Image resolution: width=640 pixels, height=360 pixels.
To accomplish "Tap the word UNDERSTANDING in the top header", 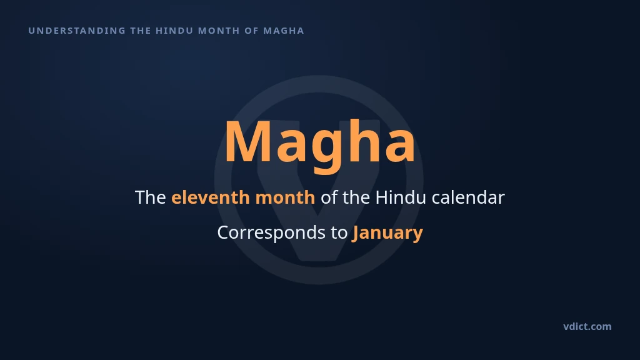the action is coord(77,31).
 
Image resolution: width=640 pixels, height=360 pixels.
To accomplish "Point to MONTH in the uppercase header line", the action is coord(219,31).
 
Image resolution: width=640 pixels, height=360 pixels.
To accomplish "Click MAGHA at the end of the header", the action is coord(284,31).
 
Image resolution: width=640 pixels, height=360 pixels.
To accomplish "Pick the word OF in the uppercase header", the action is coord(251,31).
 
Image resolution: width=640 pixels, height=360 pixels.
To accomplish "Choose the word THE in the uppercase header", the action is coord(141,31).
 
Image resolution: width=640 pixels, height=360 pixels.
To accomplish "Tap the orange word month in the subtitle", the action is coord(285,197).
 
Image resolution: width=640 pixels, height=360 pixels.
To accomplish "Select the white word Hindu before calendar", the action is coord(401,197).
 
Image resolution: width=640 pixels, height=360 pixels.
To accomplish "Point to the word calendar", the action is coord(468,197).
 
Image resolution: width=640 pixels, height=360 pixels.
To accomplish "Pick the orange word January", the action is coord(387,233).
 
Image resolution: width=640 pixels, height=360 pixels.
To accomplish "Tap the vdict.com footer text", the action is coord(587,326).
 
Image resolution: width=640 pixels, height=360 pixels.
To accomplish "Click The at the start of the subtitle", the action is coord(151,197).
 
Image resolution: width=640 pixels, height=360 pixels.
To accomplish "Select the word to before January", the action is coord(339,233).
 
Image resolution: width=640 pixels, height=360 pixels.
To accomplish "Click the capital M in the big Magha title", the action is coord(249,142).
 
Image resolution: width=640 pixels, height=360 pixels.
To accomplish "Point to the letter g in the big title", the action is coord(326,151).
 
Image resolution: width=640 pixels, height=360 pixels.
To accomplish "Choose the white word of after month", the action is coord(329,197).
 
